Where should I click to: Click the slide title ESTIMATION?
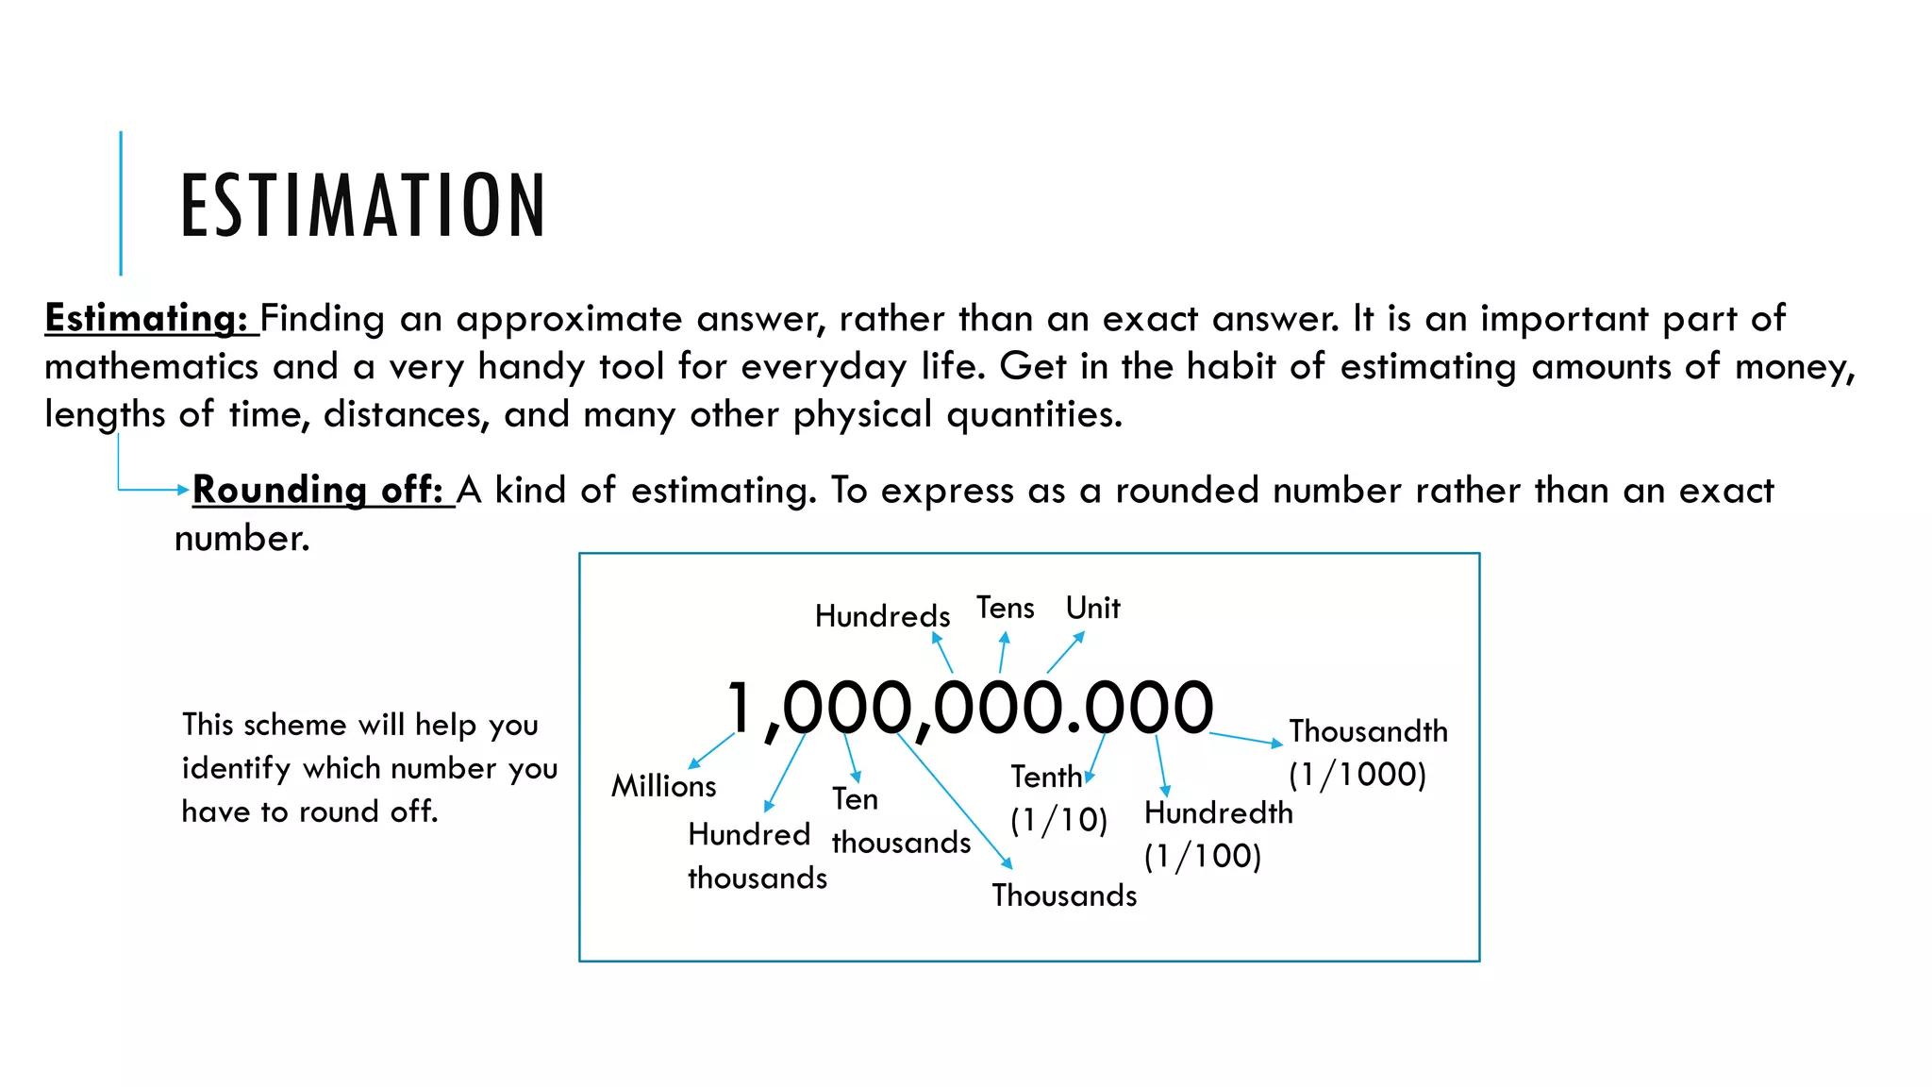pos(363,205)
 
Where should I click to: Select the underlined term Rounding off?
pos(318,491)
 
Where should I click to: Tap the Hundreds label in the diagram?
pos(882,616)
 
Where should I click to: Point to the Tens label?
pos(1005,609)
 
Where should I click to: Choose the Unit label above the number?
pos(1092,609)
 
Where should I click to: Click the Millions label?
pos(663,786)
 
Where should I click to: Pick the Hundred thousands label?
pos(757,856)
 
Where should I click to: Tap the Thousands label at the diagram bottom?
pos(1064,895)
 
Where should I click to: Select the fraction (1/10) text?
pos(1058,820)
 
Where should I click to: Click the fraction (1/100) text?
pos(1203,856)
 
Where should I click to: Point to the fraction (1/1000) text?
pos(1357,775)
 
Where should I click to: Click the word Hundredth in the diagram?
pos(1218,812)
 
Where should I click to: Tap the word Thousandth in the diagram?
pos(1368,731)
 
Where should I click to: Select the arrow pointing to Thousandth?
pos(1245,739)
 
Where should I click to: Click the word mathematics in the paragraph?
pos(151,367)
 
